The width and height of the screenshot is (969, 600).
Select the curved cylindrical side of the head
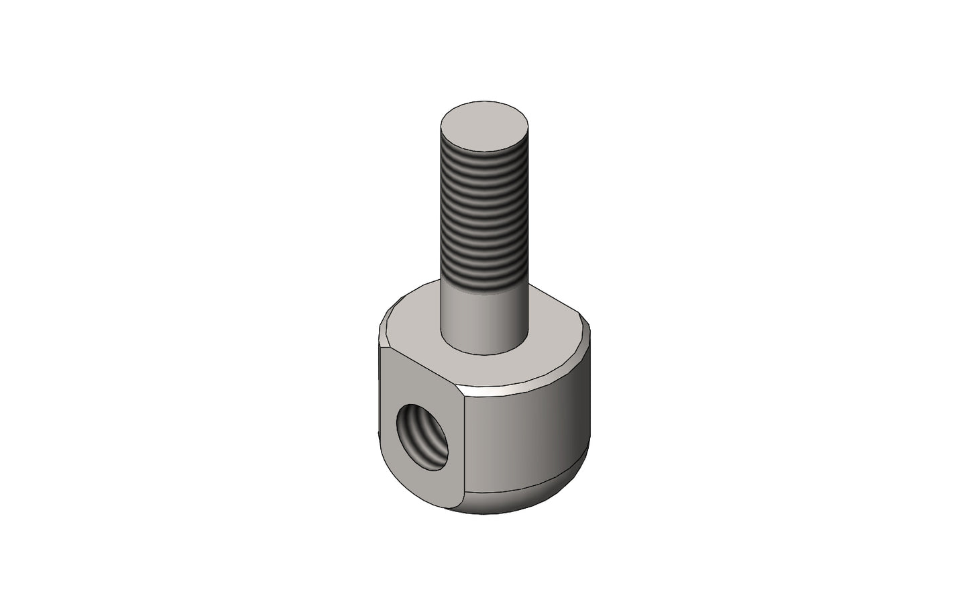click(x=530, y=436)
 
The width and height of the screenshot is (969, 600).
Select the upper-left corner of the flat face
click(x=383, y=350)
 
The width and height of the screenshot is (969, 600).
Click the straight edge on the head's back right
click(x=553, y=296)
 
